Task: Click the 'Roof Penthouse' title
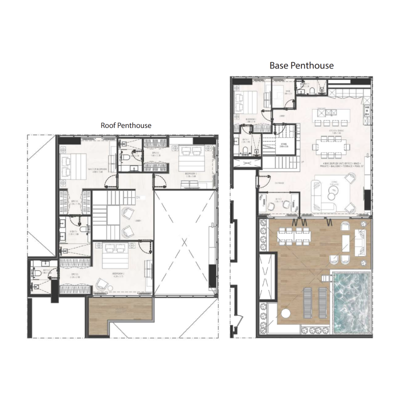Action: (126, 125)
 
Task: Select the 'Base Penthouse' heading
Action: (301, 65)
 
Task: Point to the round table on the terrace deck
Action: (287, 313)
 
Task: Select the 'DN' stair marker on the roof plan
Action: (138, 198)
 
